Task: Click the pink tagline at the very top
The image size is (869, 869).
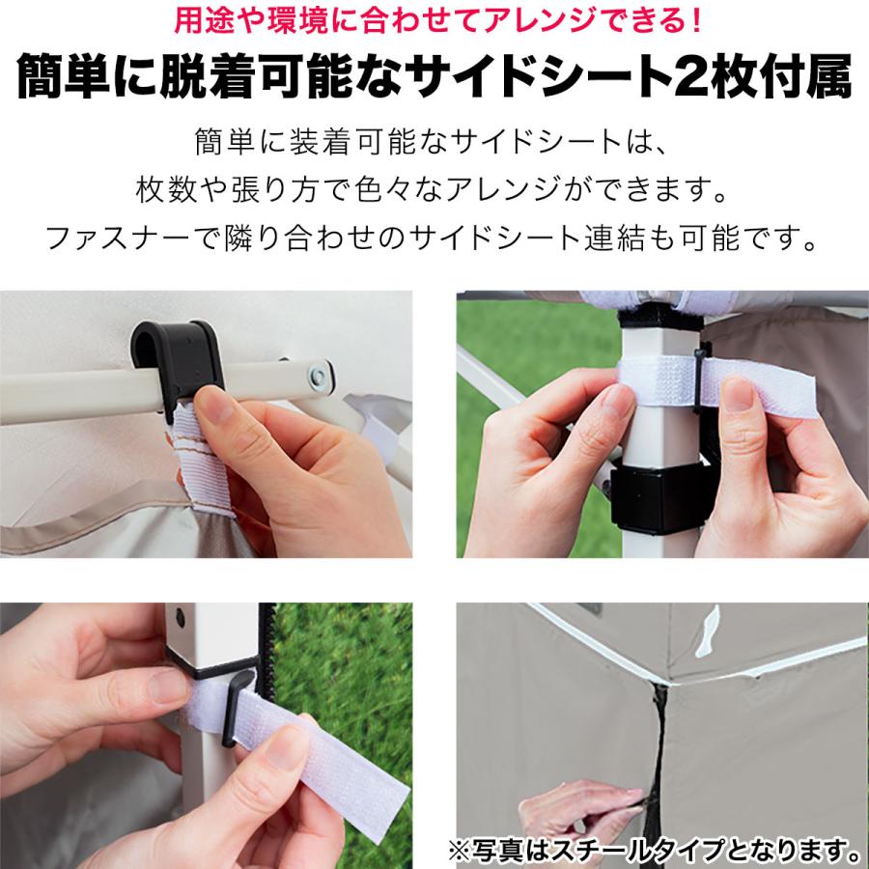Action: pyautogui.click(x=434, y=20)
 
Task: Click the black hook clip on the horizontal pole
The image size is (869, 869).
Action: pyautogui.click(x=182, y=358)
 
